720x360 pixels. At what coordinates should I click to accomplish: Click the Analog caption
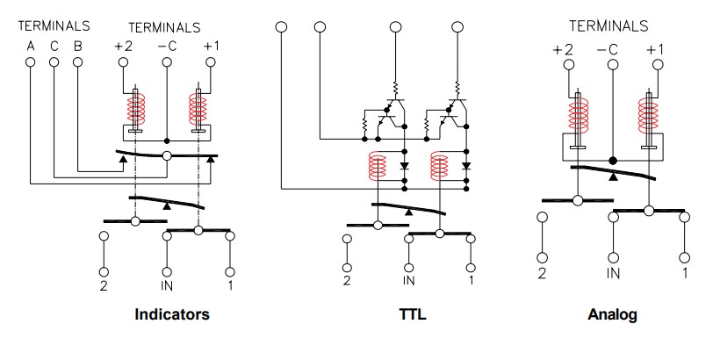(x=612, y=314)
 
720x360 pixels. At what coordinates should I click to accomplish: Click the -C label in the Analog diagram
(x=607, y=50)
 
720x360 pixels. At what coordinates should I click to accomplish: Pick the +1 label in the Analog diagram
(x=655, y=50)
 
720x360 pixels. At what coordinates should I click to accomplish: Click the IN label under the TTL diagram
(x=409, y=281)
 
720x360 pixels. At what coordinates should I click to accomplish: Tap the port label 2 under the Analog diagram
(x=542, y=274)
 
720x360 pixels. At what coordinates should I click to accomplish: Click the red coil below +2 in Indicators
(x=135, y=112)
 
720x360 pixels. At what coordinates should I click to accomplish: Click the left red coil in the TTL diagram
(x=378, y=164)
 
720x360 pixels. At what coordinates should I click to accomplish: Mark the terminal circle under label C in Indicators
(x=54, y=62)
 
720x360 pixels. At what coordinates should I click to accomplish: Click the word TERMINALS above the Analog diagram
(x=608, y=25)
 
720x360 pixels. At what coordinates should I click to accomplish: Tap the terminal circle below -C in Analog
(x=611, y=68)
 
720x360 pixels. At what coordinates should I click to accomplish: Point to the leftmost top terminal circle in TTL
(x=281, y=27)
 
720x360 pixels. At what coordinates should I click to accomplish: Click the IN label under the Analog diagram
(x=611, y=274)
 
